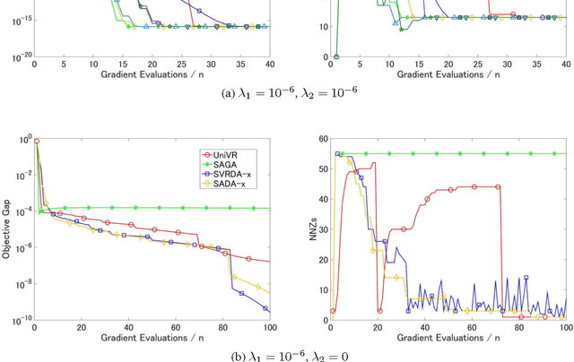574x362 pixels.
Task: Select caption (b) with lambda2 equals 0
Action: click(286, 356)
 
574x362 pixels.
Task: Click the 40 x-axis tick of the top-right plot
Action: click(564, 65)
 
